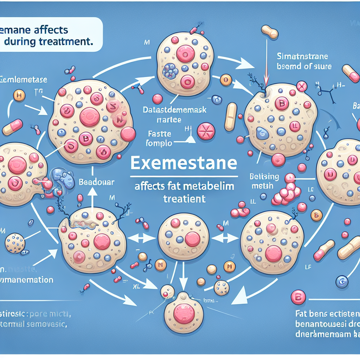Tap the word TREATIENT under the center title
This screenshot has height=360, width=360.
[184, 199]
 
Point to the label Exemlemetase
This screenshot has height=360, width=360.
[24, 80]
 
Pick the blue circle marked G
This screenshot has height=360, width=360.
[341, 281]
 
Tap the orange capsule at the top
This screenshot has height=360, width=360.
[269, 32]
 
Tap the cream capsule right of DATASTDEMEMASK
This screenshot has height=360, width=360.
[231, 116]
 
